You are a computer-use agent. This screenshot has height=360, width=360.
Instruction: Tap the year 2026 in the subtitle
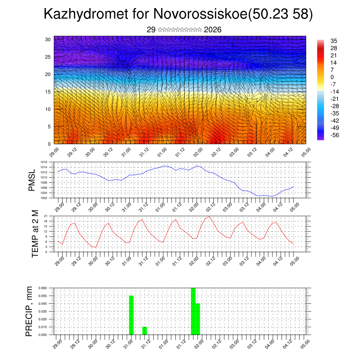point(212,30)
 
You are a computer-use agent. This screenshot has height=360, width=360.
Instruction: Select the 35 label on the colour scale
point(334,41)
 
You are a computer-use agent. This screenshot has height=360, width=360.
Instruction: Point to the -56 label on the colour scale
point(335,135)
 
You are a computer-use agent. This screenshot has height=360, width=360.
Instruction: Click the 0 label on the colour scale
point(332,77)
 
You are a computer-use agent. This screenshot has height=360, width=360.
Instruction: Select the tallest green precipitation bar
point(193,311)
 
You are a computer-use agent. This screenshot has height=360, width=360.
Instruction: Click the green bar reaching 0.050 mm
point(131,315)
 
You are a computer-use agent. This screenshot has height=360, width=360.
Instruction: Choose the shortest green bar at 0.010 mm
point(144,331)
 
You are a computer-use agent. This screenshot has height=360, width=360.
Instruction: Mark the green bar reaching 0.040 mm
point(198,319)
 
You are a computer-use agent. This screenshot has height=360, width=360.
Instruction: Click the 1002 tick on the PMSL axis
point(44,198)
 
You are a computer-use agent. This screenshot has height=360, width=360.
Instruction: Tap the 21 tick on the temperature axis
point(46,216)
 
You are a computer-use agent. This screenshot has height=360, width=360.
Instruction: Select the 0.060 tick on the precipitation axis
point(43,288)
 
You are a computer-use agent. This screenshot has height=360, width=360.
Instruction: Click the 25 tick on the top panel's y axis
point(48,57)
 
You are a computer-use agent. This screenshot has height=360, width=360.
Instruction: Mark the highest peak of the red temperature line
point(210,217)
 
